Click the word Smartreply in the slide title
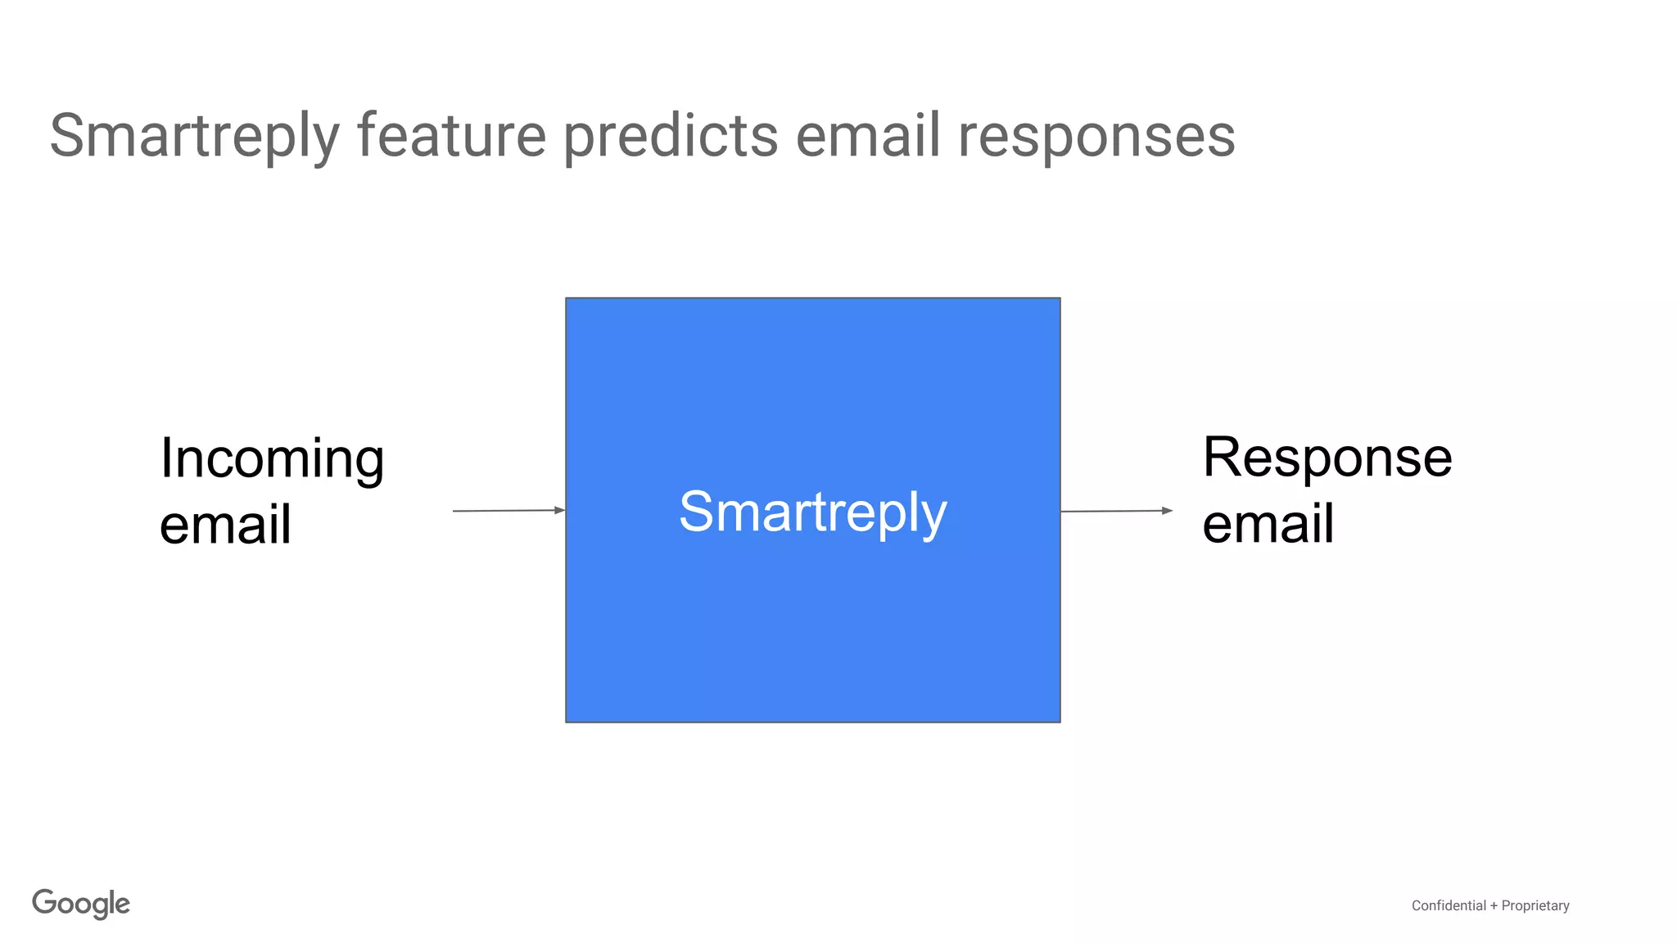194,136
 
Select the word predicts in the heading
671,136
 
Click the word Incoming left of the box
272,459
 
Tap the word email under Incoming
225,525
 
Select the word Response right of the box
1327,458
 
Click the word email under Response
1268,524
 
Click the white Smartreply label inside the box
813,512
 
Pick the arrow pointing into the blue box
508,511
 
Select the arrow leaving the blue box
1115,511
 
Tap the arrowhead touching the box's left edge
560,510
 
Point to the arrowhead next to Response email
1167,511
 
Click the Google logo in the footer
81,904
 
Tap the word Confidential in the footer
1449,905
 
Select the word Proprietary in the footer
1535,905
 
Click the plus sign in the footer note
1494,905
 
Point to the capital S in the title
67,136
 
